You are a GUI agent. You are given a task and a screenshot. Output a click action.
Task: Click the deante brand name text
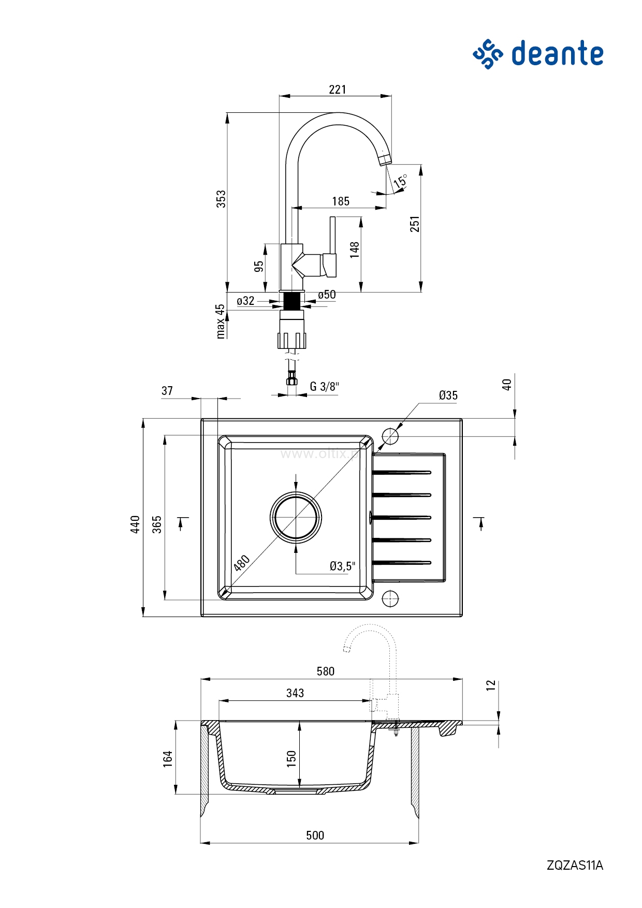[557, 54]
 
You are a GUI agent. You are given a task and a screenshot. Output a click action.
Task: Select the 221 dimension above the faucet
[337, 90]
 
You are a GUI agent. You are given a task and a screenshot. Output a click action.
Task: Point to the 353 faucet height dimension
[221, 199]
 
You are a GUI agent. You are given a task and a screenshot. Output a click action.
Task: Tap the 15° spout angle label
[400, 182]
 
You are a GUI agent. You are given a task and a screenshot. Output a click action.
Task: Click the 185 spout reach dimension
[341, 201]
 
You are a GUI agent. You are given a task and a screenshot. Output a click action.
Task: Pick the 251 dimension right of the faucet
[415, 224]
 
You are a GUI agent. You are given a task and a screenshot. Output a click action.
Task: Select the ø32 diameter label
[245, 301]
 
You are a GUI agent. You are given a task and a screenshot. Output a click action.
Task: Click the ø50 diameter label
[327, 295]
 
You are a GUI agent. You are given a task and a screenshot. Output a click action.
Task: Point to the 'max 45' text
[221, 321]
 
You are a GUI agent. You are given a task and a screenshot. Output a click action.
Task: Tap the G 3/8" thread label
[324, 387]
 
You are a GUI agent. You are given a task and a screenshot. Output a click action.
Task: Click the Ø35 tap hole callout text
[448, 396]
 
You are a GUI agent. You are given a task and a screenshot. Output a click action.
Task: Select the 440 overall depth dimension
[135, 524]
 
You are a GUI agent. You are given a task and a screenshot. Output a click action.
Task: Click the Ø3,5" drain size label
[342, 566]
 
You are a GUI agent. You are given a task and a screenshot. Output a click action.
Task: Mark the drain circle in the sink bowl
[296, 517]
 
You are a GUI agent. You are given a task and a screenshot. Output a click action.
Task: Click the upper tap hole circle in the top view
[390, 436]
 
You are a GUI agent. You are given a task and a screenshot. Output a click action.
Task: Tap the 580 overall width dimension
[326, 671]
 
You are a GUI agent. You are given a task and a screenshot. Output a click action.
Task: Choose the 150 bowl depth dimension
[291, 758]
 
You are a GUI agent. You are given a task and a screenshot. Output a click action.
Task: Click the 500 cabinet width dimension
[315, 835]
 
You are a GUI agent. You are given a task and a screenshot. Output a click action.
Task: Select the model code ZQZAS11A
[575, 865]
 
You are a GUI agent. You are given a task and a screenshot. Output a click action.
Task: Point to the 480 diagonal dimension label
[242, 563]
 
